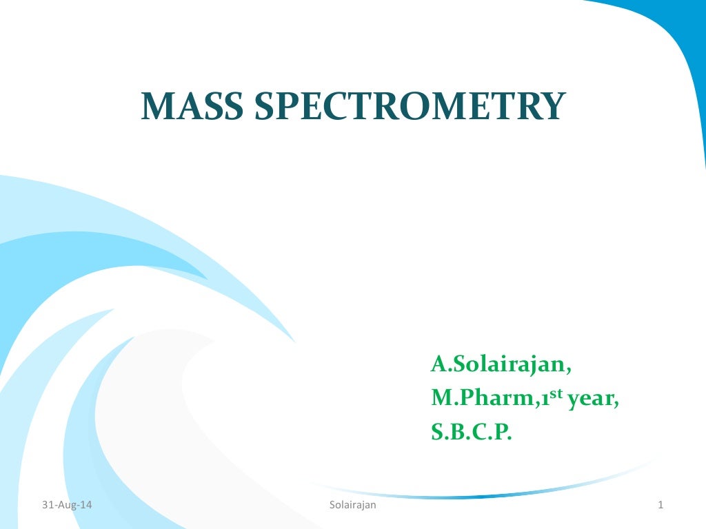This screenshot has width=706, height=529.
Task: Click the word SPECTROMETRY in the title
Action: (410, 107)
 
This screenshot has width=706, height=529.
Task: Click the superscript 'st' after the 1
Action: (556, 394)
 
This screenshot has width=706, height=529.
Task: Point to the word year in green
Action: (592, 400)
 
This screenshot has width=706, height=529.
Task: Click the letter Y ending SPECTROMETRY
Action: (552, 107)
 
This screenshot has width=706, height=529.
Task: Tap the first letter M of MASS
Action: (157, 107)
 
